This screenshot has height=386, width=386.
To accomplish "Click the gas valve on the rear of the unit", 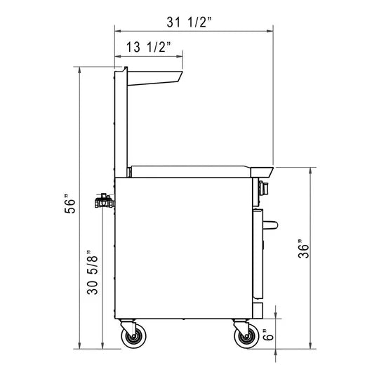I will [x=102, y=202].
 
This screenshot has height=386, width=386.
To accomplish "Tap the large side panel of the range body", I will [x=182, y=246].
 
